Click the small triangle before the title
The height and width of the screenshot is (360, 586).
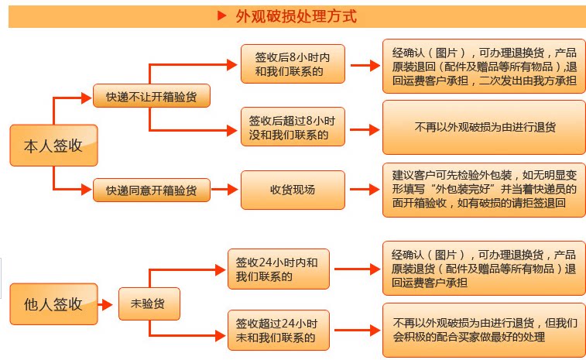pyautogui.click(x=222, y=16)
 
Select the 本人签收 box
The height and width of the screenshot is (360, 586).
pyautogui.click(x=53, y=146)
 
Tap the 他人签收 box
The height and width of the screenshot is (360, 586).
pyautogui.click(x=53, y=304)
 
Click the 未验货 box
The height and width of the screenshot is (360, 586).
pyautogui.click(x=149, y=304)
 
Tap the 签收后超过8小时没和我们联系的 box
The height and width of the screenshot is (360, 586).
pyautogui.click(x=292, y=128)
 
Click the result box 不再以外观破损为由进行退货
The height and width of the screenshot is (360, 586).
pyautogui.click(x=483, y=128)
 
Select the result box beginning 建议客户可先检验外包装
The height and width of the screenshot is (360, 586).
pyautogui.click(x=483, y=190)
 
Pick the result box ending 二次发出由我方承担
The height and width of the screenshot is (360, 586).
pyautogui.click(x=483, y=66)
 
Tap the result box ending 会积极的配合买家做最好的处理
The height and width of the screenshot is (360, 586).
pyautogui.click(x=483, y=330)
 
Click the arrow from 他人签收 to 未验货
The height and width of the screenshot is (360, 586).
pyautogui.click(x=108, y=304)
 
